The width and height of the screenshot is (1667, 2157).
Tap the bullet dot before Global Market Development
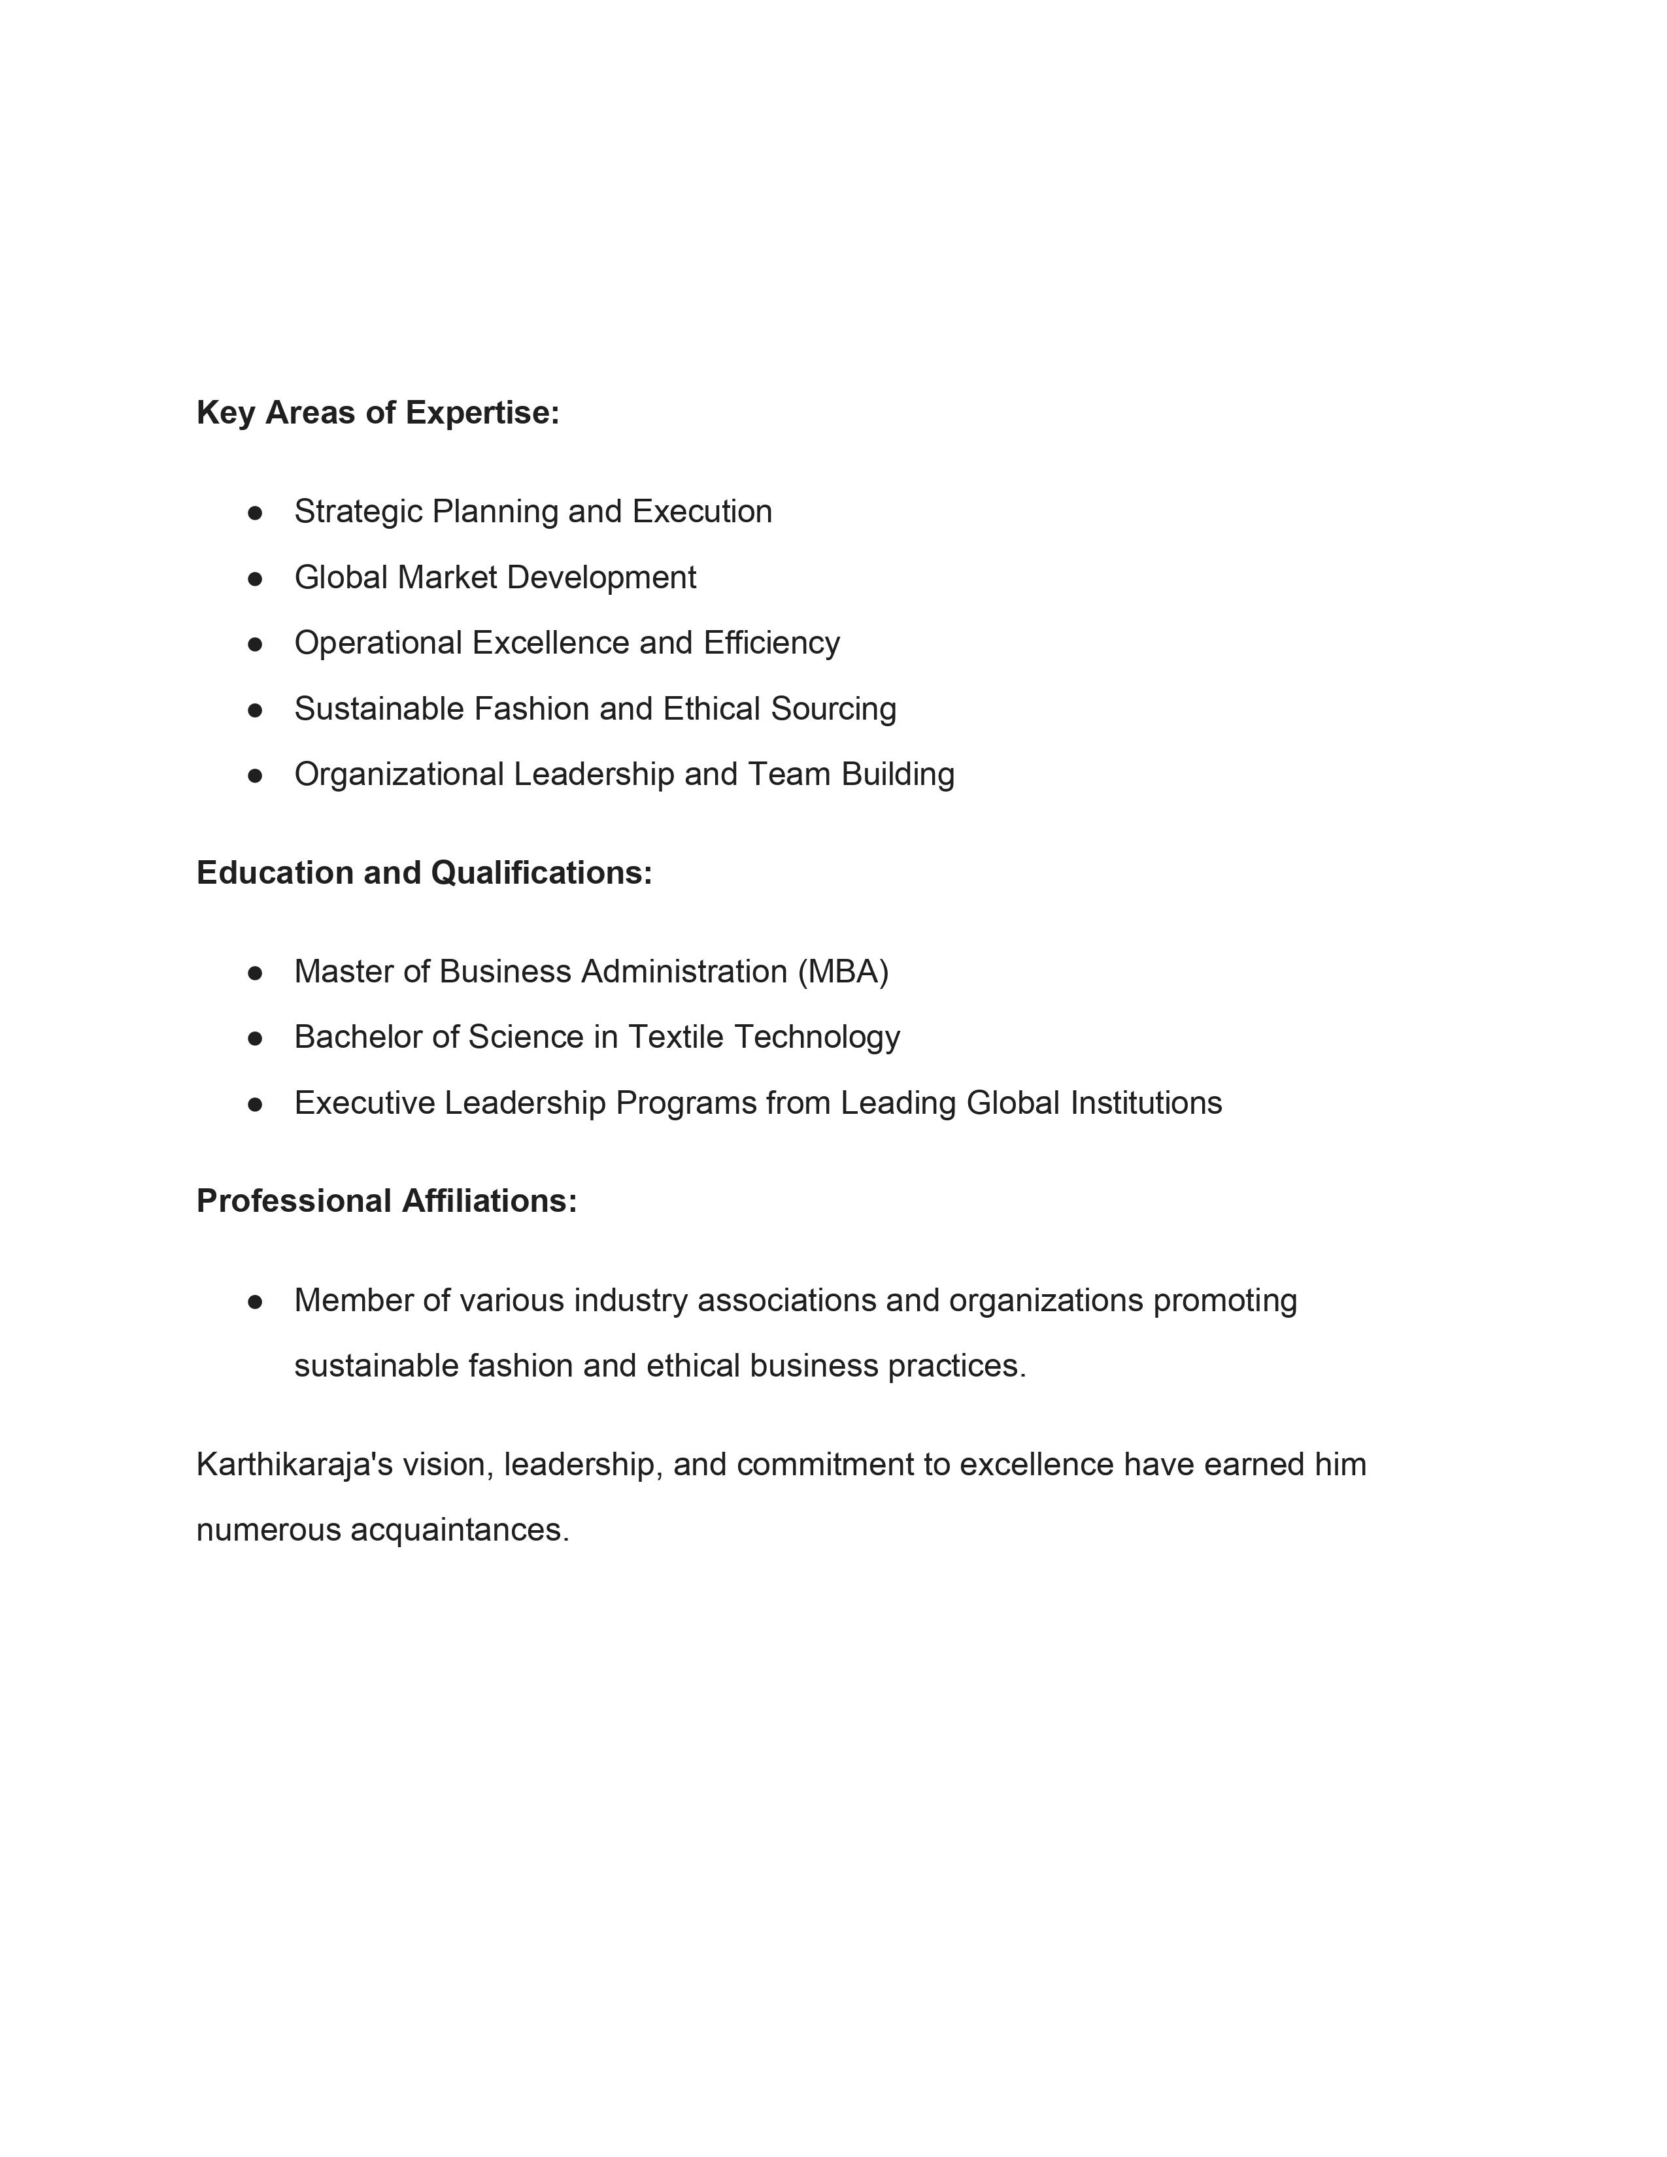255,578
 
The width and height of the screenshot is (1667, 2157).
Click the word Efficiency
771,643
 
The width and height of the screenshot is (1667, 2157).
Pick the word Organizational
399,775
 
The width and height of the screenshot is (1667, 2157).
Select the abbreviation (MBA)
843,972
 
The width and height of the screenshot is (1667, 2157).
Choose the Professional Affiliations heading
386,1201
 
